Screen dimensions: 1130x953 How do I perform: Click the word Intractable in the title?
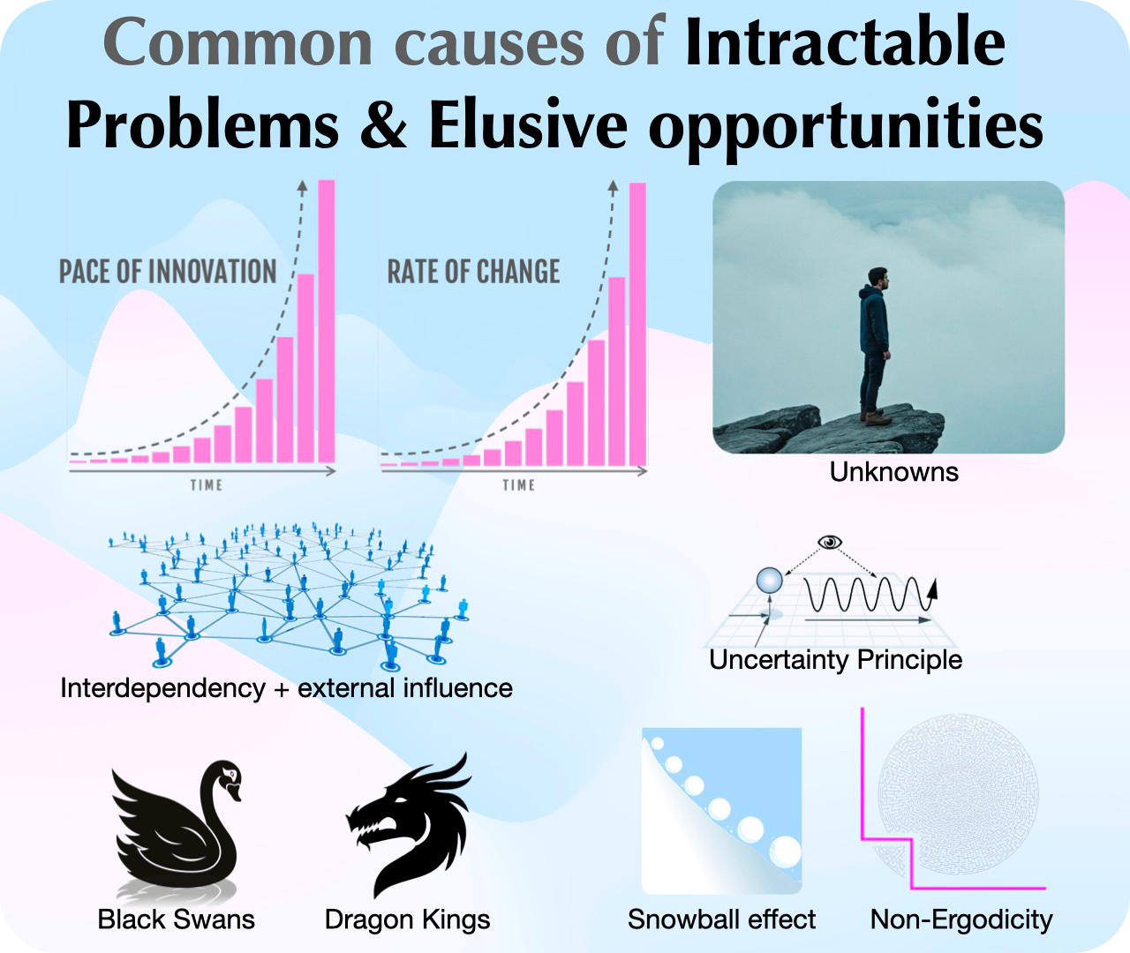click(845, 42)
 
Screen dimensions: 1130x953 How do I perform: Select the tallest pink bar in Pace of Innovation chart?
click(327, 320)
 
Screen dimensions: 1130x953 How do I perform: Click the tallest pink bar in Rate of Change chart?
click(637, 324)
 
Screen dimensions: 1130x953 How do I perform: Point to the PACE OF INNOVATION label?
click(168, 271)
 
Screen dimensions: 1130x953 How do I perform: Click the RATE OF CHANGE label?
click(473, 271)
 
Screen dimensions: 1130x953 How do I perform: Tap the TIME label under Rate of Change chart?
click(518, 485)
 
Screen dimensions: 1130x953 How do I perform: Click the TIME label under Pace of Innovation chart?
click(207, 485)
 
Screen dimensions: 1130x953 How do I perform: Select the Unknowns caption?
click(894, 471)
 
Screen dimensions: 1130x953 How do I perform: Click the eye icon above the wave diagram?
click(830, 542)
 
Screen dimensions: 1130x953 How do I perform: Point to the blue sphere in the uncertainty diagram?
click(769, 581)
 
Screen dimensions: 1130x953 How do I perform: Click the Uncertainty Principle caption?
click(836, 660)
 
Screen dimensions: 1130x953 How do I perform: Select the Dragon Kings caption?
click(408, 919)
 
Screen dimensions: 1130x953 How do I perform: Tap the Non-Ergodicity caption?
click(961, 919)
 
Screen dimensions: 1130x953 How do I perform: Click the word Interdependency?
click(163, 688)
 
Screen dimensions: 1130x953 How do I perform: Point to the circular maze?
click(958, 795)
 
